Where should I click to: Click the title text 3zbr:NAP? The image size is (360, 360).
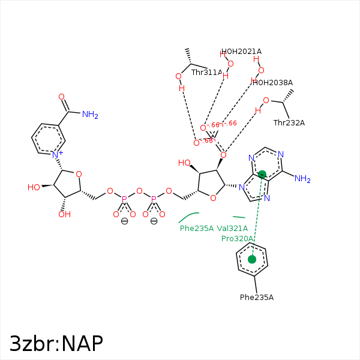coord(56,343)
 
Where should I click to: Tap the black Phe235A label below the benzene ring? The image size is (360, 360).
coord(256,298)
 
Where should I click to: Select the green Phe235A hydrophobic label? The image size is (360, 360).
coord(196,228)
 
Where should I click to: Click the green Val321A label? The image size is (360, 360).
coord(232,228)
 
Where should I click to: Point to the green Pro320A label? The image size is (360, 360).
coord(237,239)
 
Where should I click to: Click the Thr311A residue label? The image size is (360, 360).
coord(206,73)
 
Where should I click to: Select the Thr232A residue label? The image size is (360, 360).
coord(289,123)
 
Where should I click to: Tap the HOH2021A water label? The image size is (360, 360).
coord(241,52)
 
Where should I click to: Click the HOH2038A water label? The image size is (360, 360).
coord(273,83)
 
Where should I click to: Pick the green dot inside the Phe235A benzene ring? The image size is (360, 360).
coord(252,259)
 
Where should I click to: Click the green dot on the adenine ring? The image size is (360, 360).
coord(262,175)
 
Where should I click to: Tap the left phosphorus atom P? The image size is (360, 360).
coord(124,199)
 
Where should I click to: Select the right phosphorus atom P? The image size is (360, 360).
coord(154,199)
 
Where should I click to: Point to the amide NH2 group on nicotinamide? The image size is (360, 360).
coord(90,115)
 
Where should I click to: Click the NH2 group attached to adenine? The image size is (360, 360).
coord(303,179)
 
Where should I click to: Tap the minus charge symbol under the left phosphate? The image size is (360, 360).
coord(124,221)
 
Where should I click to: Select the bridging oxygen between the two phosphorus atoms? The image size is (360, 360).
coord(139,191)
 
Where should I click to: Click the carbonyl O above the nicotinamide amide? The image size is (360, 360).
coord(61,97)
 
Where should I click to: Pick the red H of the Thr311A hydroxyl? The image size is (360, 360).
coord(182,88)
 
